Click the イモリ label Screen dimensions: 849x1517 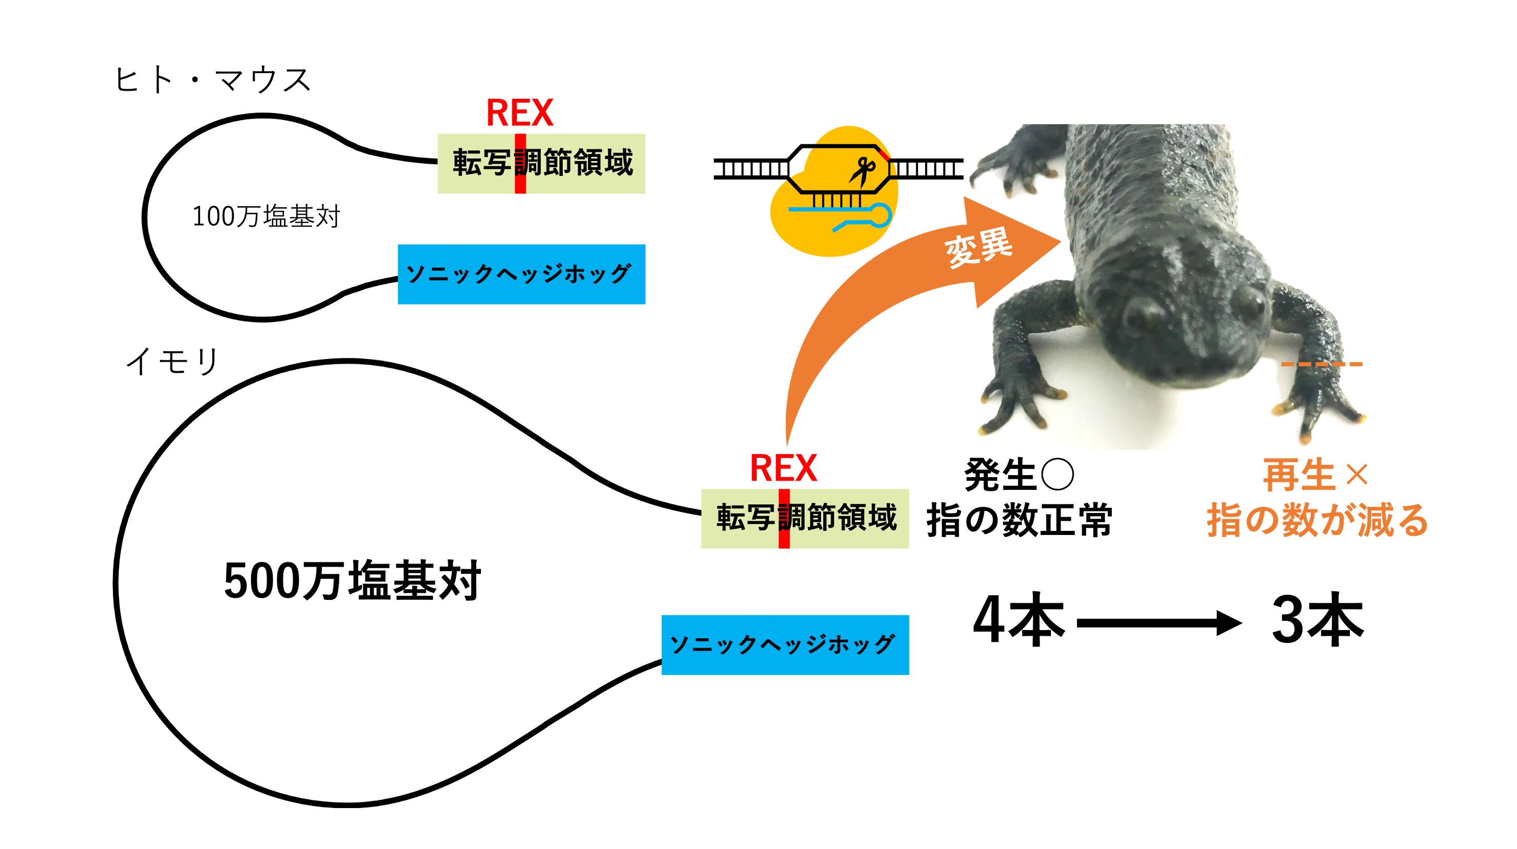tap(172, 361)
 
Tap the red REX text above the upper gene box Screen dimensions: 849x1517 tap(519, 113)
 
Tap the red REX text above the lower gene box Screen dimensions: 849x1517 tap(783, 468)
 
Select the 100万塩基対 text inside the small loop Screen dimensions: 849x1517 tap(266, 216)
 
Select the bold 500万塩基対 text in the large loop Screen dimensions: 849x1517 tap(352, 581)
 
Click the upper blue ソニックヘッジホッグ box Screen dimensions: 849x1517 tap(521, 274)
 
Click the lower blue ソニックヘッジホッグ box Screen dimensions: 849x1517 tap(784, 645)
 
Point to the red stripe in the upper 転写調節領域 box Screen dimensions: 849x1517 tap(520, 164)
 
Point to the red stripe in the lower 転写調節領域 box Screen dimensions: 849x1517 tap(784, 519)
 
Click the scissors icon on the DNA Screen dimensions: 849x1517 tap(863, 171)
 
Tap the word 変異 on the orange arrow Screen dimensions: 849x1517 tap(979, 246)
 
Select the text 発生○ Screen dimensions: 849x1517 tap(1018, 475)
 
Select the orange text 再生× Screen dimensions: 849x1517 tap(1315, 475)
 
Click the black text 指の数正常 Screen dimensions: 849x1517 tap(1019, 520)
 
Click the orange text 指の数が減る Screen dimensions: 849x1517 tap(1317, 520)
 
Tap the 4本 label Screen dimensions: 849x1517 tap(1018, 620)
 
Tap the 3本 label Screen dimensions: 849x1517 tap(1317, 620)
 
